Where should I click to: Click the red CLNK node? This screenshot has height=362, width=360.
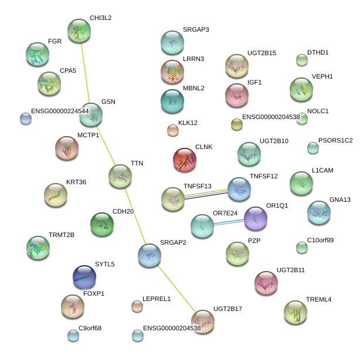tap(185, 160)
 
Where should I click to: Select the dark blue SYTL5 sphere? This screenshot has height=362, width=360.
tap(84, 277)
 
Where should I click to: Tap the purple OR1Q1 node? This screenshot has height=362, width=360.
tap(256, 218)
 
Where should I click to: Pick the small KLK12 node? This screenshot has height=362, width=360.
tap(173, 130)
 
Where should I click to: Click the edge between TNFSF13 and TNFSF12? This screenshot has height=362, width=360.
tap(206, 194)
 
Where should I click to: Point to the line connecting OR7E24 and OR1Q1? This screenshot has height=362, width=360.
tap(229, 222)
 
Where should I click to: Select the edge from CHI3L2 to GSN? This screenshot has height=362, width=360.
tap(85, 73)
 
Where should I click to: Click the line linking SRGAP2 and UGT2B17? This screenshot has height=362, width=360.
tap(176, 288)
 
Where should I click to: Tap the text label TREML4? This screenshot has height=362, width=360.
tap(318, 299)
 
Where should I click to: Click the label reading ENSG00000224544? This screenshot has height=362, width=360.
tap(60, 111)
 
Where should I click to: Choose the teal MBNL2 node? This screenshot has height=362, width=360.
tap(172, 101)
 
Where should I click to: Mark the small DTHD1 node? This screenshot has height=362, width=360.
tap(302, 60)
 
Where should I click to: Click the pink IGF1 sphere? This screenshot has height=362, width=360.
tap(237, 96)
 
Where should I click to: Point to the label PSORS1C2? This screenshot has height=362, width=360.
tap(335, 140)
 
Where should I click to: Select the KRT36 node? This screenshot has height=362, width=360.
tap(56, 195)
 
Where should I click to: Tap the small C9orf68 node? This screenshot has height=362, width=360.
tap(73, 336)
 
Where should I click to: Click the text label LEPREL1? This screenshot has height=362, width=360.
tap(157, 299)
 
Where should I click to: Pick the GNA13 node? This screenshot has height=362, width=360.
tap(319, 212)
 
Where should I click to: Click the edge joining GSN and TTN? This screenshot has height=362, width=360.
tap(106, 146)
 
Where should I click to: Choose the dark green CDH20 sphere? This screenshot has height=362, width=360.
tap(102, 224)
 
